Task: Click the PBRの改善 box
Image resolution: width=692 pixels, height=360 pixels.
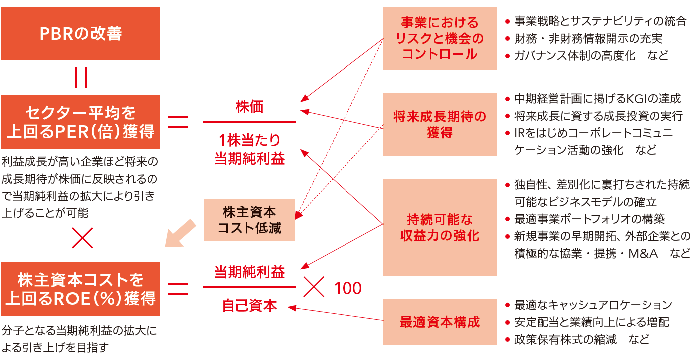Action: (x=81, y=33)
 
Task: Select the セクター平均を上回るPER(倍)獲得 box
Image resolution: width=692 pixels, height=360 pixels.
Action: (x=81, y=122)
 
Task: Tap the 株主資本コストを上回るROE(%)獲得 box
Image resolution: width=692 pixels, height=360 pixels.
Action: (x=81, y=289)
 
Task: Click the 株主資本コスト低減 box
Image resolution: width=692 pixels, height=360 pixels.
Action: (x=250, y=220)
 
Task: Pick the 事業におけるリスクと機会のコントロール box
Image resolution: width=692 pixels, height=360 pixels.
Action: (x=440, y=38)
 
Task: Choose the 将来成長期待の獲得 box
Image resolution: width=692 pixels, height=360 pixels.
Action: (x=440, y=124)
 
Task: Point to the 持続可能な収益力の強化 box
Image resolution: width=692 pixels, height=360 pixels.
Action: (x=440, y=227)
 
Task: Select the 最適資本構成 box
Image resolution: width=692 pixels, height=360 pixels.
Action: (x=440, y=322)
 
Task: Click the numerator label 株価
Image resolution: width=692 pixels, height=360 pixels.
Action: (x=249, y=107)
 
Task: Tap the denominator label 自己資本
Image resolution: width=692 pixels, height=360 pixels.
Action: (x=249, y=305)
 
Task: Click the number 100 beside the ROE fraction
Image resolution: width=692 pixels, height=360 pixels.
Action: (x=348, y=288)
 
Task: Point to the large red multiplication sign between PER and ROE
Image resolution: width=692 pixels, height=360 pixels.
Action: (x=82, y=238)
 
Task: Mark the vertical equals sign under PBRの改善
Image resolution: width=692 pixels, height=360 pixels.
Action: (x=81, y=77)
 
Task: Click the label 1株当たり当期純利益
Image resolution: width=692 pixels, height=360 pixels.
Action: (x=249, y=149)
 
